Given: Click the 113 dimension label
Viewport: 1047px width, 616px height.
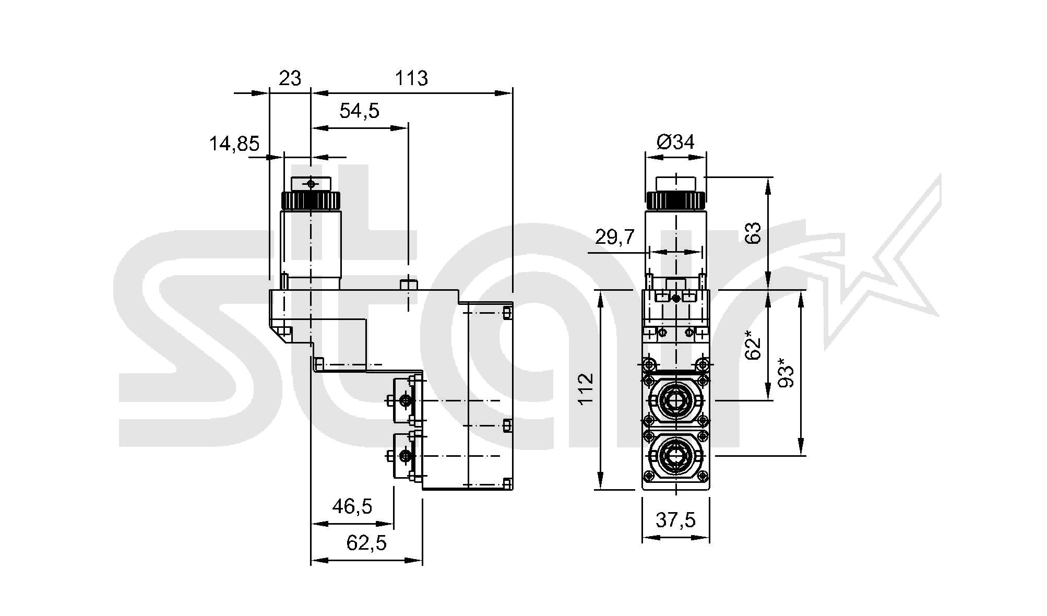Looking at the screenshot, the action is tap(411, 78).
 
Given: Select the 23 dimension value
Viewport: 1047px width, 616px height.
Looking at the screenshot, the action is tap(290, 78).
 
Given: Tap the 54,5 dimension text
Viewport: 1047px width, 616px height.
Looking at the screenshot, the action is tap(359, 111).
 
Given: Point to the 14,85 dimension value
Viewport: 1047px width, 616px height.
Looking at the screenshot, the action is tap(234, 143).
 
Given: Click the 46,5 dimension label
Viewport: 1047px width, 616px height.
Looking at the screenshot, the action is tap(352, 506).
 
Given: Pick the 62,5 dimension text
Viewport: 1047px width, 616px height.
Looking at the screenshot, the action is tap(366, 543).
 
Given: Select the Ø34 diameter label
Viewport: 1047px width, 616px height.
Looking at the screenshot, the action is tap(675, 141).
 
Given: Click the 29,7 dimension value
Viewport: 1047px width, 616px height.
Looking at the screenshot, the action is tap(615, 237).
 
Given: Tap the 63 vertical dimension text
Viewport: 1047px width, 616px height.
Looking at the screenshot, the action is tap(753, 233).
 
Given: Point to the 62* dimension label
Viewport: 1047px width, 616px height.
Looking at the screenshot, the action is tap(753, 345).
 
